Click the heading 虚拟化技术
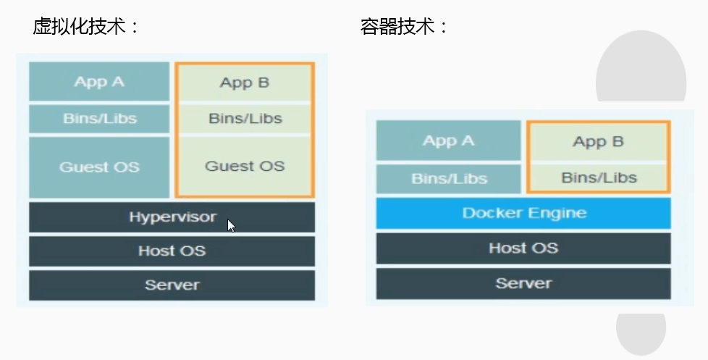pos(85,27)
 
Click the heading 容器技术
pos(404,27)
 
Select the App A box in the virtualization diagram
pos(99,81)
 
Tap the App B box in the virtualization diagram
pos(245,83)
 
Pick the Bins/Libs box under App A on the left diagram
pos(99,119)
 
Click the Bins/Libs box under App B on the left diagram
pos(245,119)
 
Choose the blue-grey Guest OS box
pos(99,167)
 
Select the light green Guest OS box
pos(245,166)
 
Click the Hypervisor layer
pos(172,217)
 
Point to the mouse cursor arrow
pos(231,225)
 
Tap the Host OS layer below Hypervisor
pos(172,251)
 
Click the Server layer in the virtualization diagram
pos(172,285)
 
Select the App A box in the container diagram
pos(448,141)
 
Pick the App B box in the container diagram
pos(598,141)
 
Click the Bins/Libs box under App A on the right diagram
pos(448,178)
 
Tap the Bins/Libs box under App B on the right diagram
pos(598,177)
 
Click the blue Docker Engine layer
pos(523,213)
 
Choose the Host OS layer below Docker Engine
pos(523,248)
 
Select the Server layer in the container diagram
pos(523,282)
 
